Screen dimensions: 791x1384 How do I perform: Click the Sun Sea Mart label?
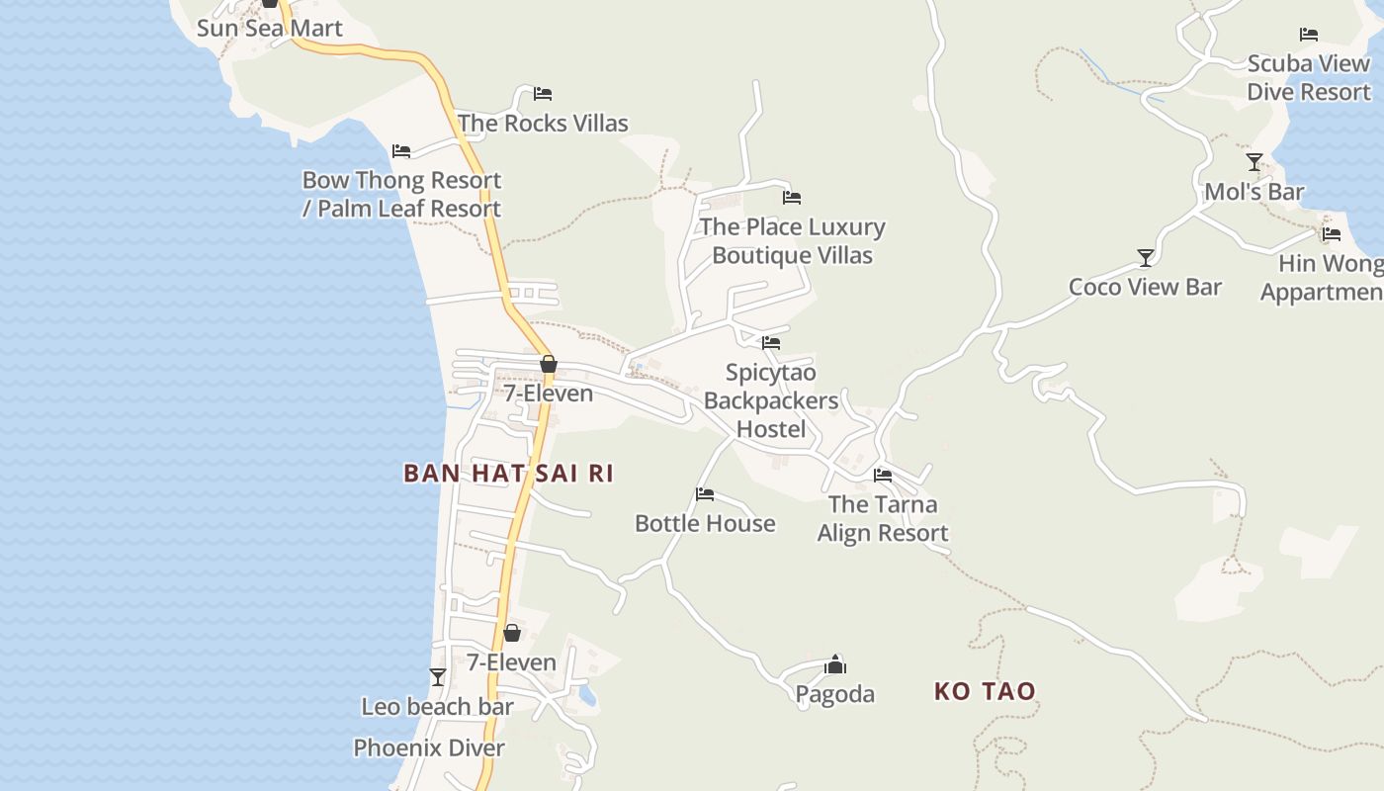(x=269, y=28)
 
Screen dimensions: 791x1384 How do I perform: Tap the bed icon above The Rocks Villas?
(x=542, y=94)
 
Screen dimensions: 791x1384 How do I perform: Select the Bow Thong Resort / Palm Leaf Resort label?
(x=401, y=194)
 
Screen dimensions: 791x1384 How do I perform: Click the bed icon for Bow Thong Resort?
(x=400, y=151)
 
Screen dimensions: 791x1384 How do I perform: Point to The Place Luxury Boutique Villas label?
(x=792, y=240)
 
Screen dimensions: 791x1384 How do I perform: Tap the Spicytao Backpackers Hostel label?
(x=770, y=400)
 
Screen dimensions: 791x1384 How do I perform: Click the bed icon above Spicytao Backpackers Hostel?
(x=771, y=343)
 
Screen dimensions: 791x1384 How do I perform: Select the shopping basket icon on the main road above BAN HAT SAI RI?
(x=548, y=364)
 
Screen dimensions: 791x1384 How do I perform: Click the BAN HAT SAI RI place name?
(x=508, y=473)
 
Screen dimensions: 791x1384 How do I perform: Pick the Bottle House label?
(x=705, y=523)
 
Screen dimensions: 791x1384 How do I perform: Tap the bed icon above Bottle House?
(x=704, y=493)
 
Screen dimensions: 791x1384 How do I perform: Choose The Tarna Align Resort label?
(x=882, y=518)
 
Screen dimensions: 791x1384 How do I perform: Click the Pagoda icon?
(x=835, y=664)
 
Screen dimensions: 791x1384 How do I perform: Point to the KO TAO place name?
(x=985, y=691)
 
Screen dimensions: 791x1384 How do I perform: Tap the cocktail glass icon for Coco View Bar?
(x=1145, y=257)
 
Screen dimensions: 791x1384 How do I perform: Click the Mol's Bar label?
(x=1254, y=192)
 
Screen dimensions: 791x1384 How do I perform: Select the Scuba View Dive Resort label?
(x=1308, y=77)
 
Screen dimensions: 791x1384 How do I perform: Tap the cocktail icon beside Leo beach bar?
(x=437, y=677)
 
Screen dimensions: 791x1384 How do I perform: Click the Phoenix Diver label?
(x=429, y=747)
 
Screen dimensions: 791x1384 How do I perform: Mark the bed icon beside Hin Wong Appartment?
(x=1331, y=234)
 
